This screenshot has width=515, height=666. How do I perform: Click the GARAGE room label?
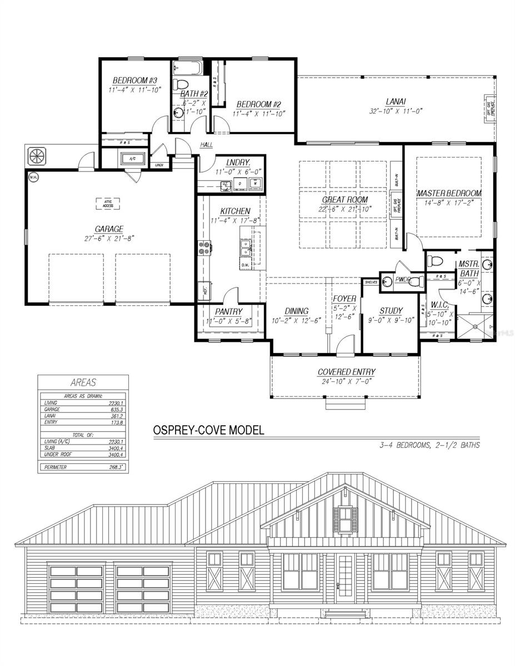(109, 229)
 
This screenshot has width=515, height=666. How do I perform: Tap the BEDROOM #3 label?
(131, 80)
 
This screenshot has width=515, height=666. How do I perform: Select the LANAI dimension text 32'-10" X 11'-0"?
(396, 110)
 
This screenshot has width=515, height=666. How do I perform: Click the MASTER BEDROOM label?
(449, 193)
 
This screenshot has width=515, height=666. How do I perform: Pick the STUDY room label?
(391, 311)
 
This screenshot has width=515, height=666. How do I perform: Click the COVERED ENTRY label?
(347, 372)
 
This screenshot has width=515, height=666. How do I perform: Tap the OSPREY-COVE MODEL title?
(209, 430)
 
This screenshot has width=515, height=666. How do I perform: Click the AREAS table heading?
(83, 382)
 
